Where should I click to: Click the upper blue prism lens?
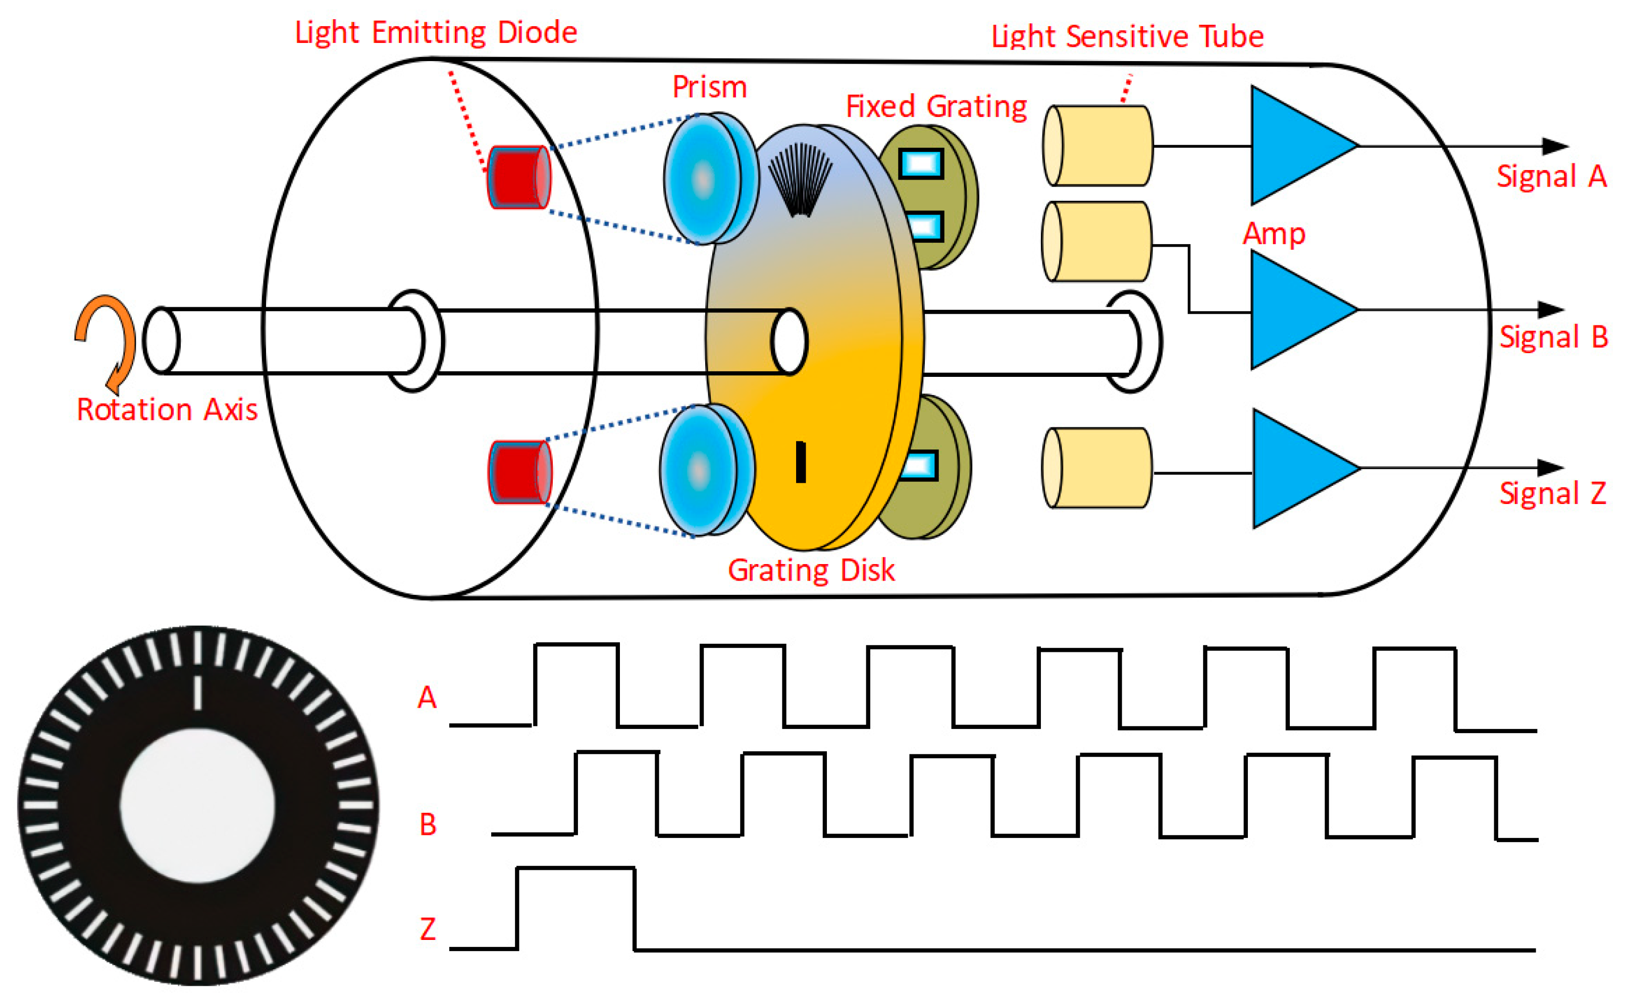coord(707,178)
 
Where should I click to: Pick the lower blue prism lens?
coord(704,470)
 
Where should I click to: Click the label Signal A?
coord(1551,177)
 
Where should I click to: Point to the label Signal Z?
coord(1552,493)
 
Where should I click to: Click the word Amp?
coord(1273,234)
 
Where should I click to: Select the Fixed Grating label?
coord(936,107)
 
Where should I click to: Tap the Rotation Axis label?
coord(167,410)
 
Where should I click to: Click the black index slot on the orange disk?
coord(801,462)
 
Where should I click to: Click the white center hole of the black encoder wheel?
coord(197,805)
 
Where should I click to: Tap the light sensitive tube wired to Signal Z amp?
coord(1097,468)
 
